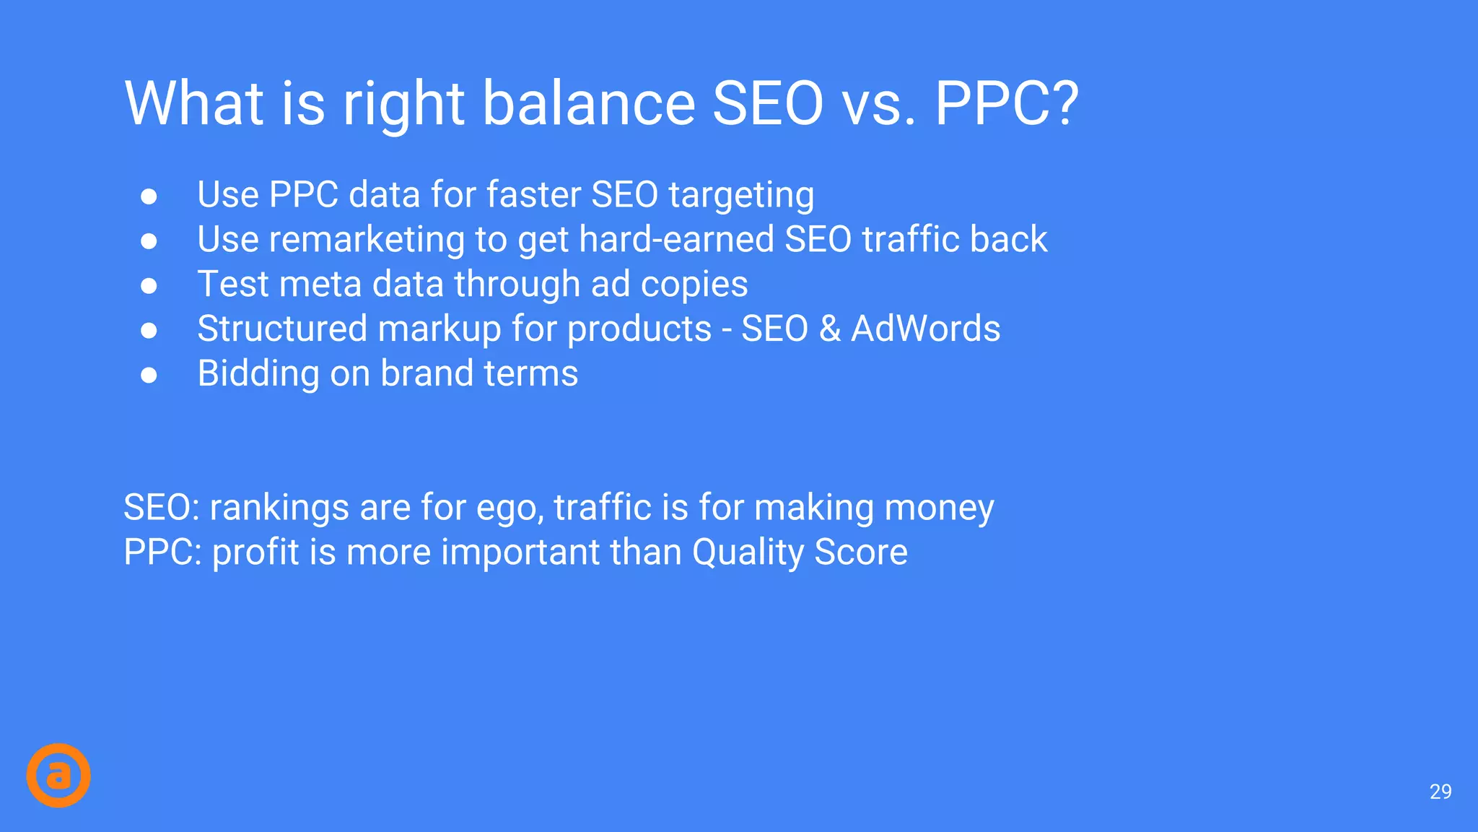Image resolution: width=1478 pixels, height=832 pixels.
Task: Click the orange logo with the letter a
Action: pos(58,775)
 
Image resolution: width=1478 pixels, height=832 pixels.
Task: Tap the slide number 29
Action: pos(1440,792)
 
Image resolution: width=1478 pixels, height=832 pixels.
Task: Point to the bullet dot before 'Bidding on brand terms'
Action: pos(149,375)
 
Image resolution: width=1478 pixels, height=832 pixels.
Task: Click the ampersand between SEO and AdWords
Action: pos(829,329)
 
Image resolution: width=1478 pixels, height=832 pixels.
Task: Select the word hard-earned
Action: pos(676,240)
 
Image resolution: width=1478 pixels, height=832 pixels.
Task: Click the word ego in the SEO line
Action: pos(510,508)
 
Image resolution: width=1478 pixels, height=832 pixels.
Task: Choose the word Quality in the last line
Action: pos(748,553)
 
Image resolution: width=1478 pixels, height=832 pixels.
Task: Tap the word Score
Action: pos(861,553)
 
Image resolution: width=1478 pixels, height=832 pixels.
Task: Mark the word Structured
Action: pos(282,329)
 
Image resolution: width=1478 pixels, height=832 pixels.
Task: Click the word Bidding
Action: pos(258,374)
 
